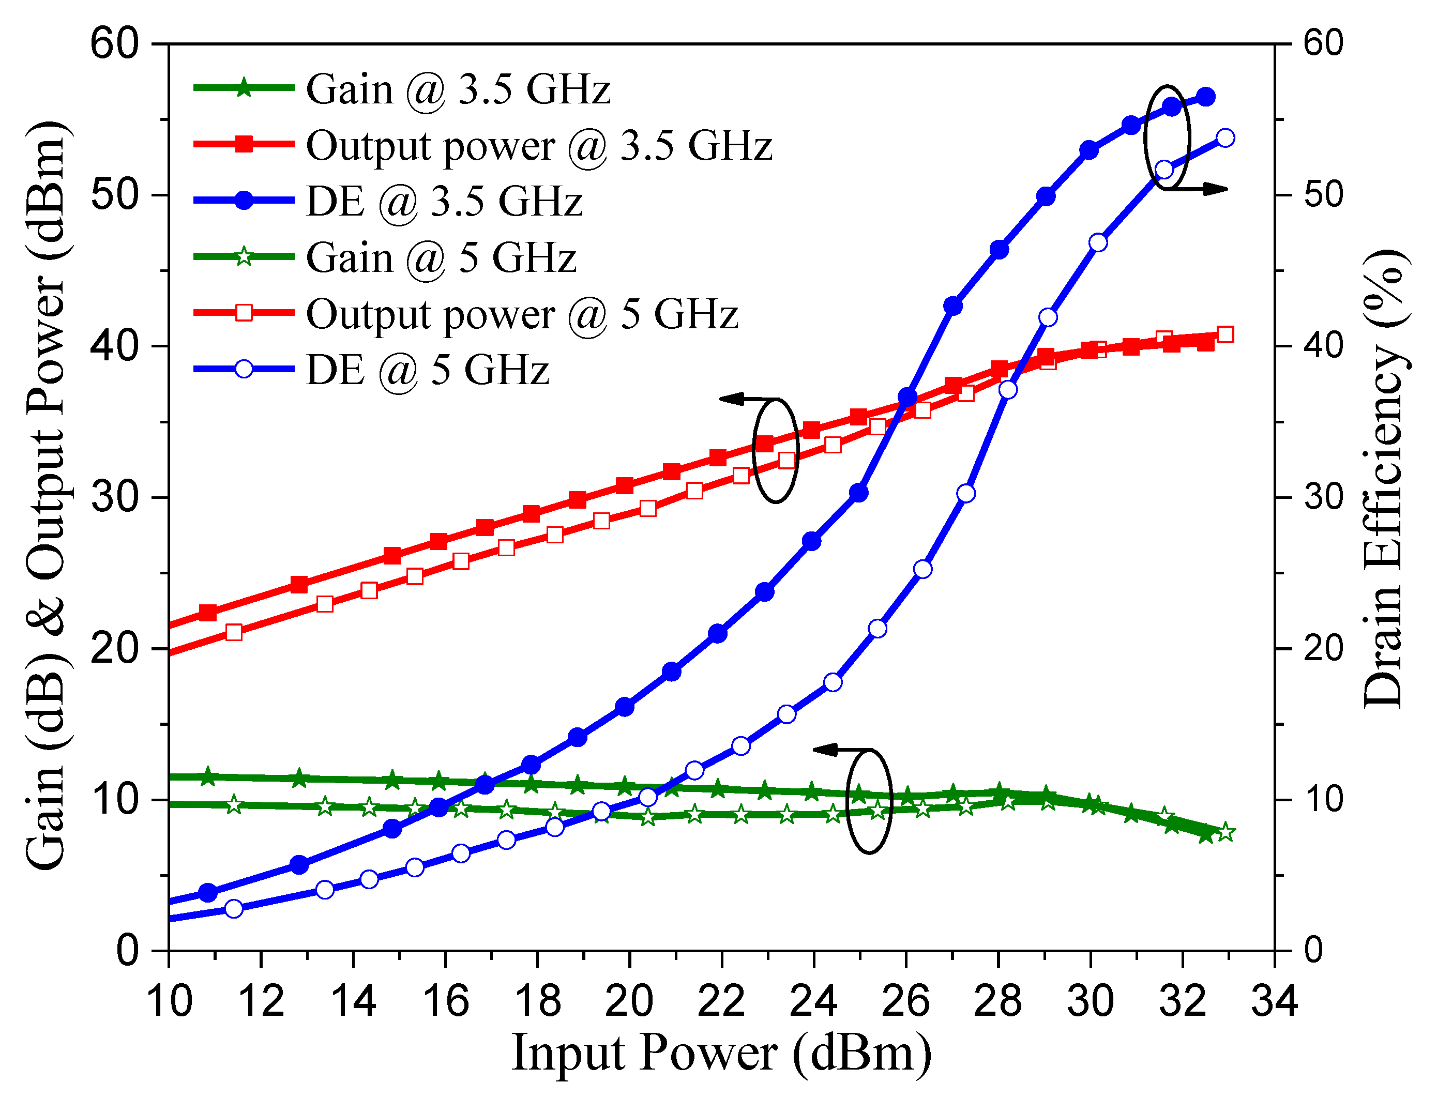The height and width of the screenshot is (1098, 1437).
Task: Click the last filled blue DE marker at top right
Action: pyautogui.click(x=1205, y=97)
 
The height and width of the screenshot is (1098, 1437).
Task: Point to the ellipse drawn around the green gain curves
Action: pyautogui.click(x=869, y=801)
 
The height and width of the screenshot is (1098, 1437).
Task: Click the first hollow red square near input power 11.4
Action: pyautogui.click(x=234, y=632)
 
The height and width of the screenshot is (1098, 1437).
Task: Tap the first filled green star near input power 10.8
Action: pyautogui.click(x=208, y=777)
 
